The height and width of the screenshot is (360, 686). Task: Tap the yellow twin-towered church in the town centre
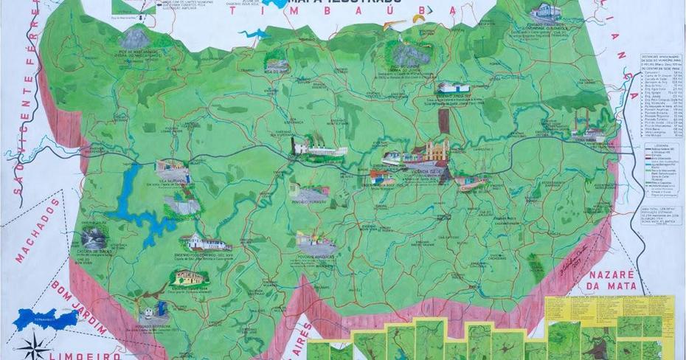click(x=435, y=152)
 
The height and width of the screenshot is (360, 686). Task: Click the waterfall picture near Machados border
click(x=94, y=237)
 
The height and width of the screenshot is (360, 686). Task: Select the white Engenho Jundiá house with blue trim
click(x=453, y=88)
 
